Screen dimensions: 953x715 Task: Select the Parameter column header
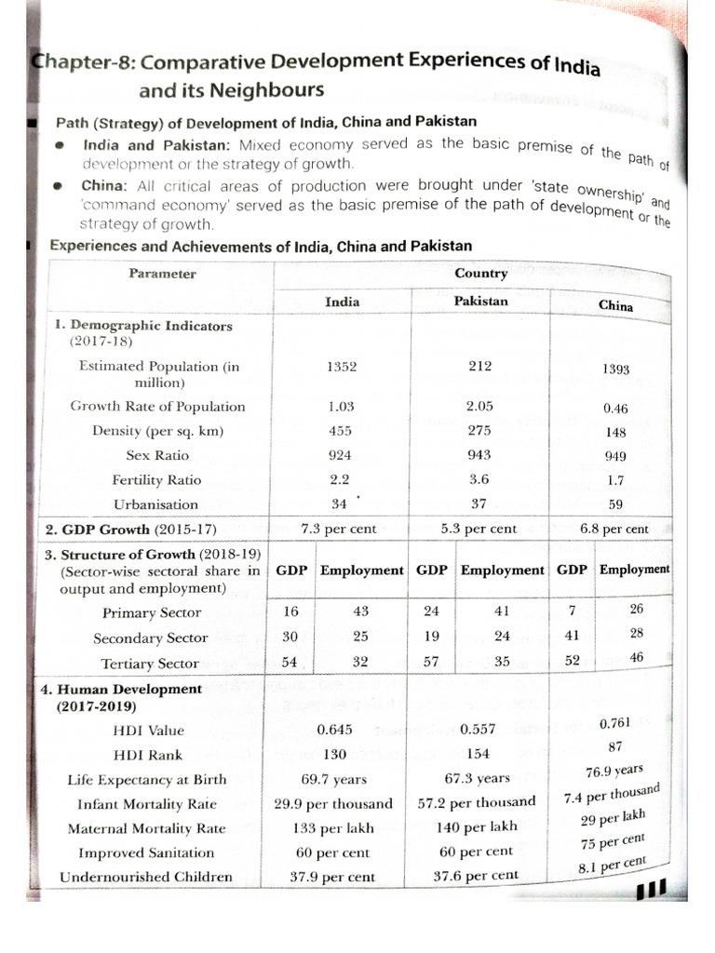164,274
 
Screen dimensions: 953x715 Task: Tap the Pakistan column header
480,301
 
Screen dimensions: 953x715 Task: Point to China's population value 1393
614,369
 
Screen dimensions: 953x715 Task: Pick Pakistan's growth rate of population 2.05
480,406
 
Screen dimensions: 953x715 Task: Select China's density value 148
615,432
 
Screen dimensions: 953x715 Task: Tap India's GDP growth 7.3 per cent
339,529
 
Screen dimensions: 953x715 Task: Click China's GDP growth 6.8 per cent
614,529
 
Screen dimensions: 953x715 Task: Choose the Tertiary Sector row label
151,664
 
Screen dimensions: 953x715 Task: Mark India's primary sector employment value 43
361,611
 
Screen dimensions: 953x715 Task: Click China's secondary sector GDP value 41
572,636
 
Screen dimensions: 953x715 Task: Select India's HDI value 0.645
334,731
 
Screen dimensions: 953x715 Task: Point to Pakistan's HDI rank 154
479,754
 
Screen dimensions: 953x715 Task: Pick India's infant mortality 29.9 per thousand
334,803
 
